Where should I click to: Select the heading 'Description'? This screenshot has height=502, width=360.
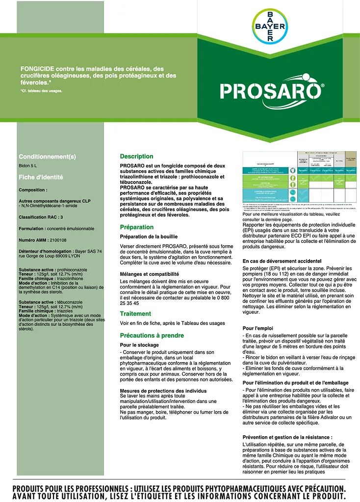click(136, 157)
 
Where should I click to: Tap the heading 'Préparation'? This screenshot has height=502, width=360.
click(137, 227)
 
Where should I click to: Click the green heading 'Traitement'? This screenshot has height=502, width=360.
click(135, 314)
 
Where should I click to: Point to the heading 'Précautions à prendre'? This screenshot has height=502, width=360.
click(152, 336)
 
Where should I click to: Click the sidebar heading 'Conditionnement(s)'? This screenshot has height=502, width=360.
click(48, 157)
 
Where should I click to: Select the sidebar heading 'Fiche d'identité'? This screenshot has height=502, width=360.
click(41, 177)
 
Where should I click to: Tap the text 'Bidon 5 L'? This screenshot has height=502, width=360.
click(28, 166)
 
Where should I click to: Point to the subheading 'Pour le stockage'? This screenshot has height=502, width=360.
click(140, 345)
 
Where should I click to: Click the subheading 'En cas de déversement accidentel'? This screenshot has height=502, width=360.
click(282, 261)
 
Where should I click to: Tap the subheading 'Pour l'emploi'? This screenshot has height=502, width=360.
click(258, 328)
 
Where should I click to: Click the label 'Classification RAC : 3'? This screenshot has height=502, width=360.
click(41, 216)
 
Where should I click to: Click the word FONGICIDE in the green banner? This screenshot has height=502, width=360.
click(36, 69)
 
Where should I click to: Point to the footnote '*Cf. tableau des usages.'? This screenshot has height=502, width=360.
click(41, 90)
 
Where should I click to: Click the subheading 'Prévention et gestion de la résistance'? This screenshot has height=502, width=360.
click(287, 437)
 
